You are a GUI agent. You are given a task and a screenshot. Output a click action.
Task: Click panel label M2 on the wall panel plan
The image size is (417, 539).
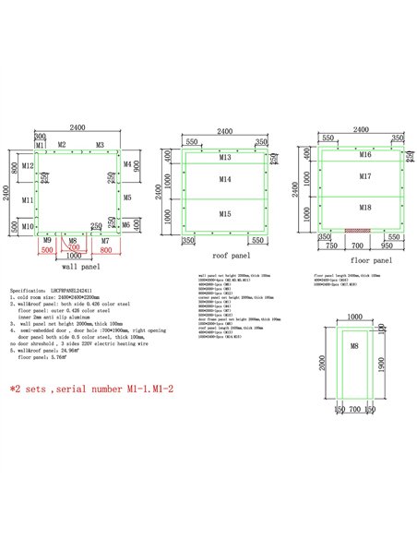click(61, 146)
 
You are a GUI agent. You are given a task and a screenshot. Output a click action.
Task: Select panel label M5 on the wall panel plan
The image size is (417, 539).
click(127, 198)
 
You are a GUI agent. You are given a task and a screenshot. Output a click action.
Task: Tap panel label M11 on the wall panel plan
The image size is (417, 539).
click(29, 200)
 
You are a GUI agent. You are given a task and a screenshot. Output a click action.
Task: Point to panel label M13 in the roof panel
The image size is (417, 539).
click(225, 159)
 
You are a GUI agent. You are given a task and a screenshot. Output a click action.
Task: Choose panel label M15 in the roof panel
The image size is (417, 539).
click(225, 214)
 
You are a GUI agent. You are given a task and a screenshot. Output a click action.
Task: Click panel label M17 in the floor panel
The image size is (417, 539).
click(365, 175)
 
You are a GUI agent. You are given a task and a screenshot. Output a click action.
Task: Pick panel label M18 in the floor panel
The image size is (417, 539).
click(365, 209)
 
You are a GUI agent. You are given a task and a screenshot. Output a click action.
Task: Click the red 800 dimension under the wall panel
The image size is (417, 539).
click(106, 250)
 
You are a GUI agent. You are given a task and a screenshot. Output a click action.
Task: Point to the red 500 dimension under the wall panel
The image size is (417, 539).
click(47, 250)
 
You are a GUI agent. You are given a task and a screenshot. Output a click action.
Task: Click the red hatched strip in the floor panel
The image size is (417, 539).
click(357, 230)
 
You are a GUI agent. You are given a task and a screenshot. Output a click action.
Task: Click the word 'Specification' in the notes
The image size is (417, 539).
click(27, 289)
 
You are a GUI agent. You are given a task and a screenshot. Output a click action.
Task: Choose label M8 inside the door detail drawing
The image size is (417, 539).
click(354, 345)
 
